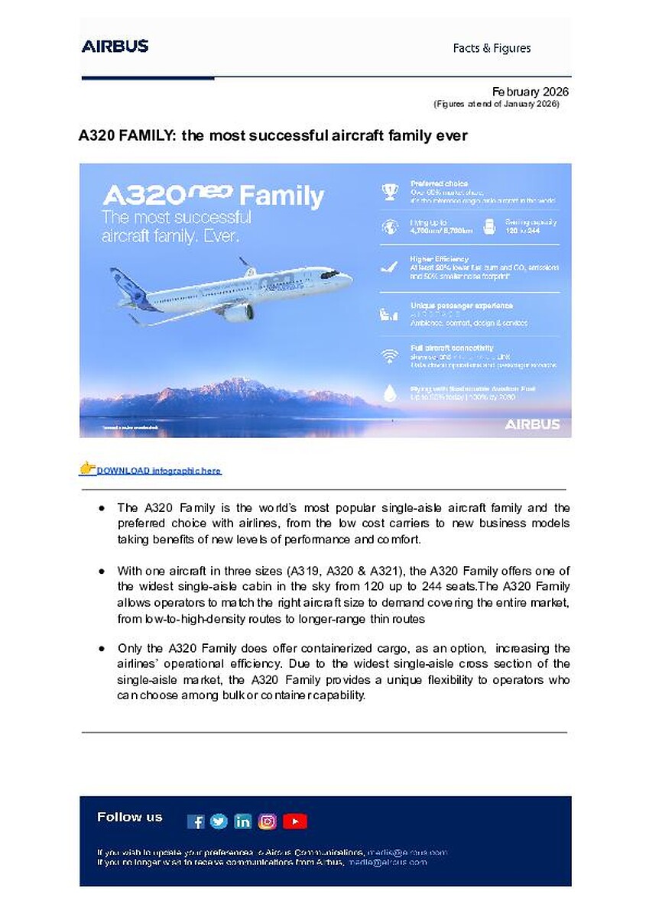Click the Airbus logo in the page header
[115, 46]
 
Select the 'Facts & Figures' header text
[492, 48]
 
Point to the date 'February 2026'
[531, 92]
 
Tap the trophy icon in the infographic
[390, 192]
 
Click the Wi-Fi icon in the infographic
[390, 355]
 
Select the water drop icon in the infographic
[390, 393]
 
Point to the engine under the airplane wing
[239, 312]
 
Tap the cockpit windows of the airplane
[330, 274]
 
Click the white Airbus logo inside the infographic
[532, 423]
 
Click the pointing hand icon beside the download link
[87, 468]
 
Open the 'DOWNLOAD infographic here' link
[158, 471]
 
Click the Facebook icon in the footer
[196, 821]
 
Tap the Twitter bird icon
[219, 821]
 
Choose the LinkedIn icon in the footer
[243, 821]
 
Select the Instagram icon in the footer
[268, 821]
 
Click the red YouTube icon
[294, 821]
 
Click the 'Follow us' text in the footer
[130, 817]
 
